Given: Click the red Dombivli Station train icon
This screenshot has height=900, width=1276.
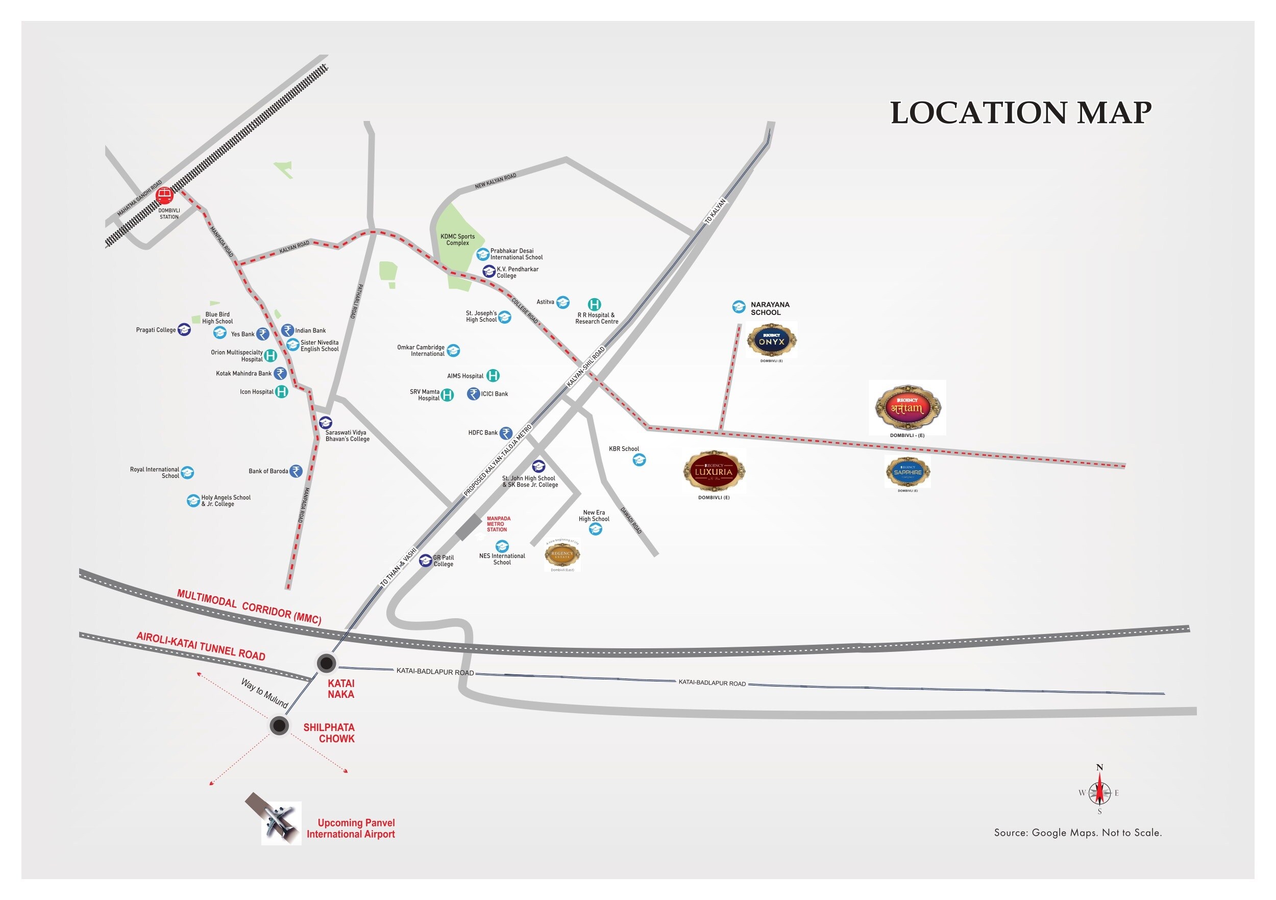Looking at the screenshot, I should tap(164, 195).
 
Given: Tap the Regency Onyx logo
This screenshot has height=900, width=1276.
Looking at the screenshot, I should tap(771, 339).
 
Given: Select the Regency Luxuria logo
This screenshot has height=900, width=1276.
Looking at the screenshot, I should tap(714, 471).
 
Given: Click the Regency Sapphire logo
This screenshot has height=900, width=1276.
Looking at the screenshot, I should tap(907, 472).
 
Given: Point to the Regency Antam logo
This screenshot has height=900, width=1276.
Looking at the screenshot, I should tap(907, 407).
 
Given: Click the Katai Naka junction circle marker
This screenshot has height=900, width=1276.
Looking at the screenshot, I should tap(326, 663).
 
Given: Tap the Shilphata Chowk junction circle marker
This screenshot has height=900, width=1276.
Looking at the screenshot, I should tap(279, 725).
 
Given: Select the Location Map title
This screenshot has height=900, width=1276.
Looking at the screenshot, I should tap(1020, 113).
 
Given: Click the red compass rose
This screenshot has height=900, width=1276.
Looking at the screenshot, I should tap(1099, 792).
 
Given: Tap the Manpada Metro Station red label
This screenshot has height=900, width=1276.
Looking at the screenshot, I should tap(498, 524).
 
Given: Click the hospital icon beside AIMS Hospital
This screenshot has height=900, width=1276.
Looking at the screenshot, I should tap(493, 376).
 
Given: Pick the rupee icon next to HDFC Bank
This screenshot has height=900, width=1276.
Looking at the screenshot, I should tap(506, 432).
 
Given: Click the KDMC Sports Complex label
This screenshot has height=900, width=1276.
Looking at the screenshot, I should tap(457, 239).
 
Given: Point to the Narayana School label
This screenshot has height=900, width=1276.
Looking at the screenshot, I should tap(770, 308).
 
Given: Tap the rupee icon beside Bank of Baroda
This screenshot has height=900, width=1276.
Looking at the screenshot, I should tap(296, 471).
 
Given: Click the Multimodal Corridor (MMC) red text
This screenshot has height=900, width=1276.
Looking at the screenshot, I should tap(249, 606).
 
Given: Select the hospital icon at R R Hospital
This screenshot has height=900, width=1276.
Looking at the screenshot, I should tap(594, 304).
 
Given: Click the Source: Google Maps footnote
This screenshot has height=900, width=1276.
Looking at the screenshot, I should tap(1077, 832).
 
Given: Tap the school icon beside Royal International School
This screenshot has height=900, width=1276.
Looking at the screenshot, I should tap(187, 473).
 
